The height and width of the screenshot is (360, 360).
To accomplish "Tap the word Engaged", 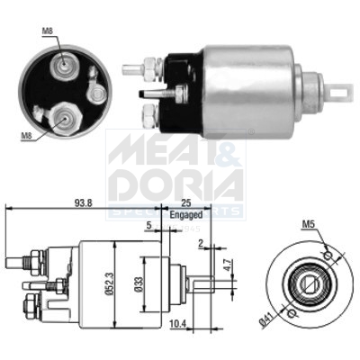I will [x=187, y=217].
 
